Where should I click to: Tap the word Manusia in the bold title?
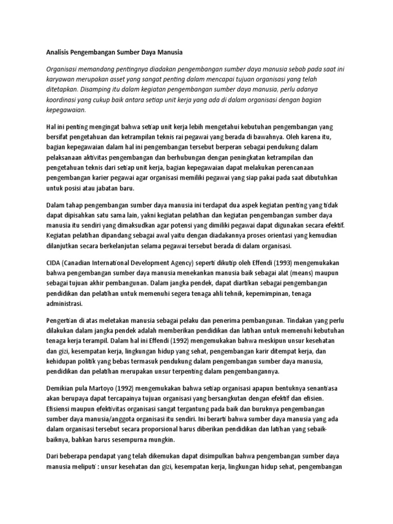coord(168,52)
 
